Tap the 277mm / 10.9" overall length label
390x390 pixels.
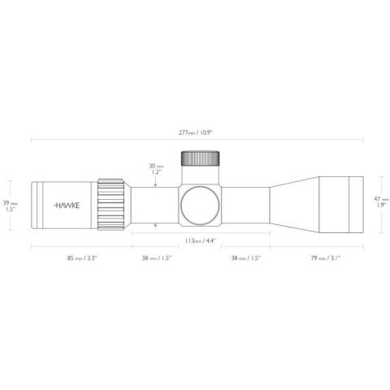[x=195, y=131]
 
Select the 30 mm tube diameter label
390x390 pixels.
[x=156, y=166]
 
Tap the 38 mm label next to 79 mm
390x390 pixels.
[x=246, y=258]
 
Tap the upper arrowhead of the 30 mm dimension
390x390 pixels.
[x=156, y=183]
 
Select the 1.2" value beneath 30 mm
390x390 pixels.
[x=156, y=172]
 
